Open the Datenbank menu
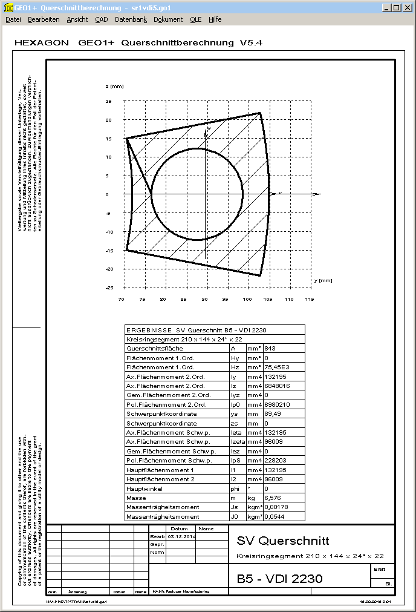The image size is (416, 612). tap(131, 19)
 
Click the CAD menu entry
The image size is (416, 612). tap(102, 19)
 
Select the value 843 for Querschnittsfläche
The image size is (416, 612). tap(270, 349)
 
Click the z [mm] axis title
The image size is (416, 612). tap(114, 87)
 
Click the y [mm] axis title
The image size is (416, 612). tap(323, 281)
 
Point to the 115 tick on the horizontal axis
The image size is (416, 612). tap(309, 300)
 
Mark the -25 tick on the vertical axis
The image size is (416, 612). tap(109, 288)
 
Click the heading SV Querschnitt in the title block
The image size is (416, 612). tap(283, 541)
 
